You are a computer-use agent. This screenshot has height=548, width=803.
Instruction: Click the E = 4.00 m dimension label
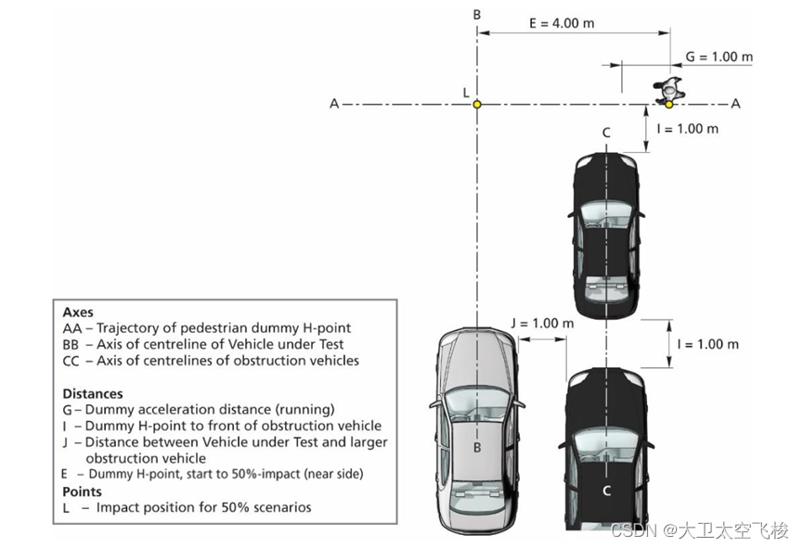point(562,23)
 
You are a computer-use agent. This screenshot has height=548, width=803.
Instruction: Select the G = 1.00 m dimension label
point(719,57)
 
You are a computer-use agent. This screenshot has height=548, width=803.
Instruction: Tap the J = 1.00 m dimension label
point(542,324)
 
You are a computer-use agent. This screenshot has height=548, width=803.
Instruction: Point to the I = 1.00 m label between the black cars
point(707,344)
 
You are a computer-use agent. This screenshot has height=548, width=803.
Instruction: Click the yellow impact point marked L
point(477,105)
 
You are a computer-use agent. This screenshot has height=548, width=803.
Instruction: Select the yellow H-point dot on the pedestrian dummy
point(668,104)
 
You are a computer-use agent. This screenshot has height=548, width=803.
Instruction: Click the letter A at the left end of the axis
point(334,104)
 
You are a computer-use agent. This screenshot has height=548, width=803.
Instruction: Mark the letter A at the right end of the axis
point(735,104)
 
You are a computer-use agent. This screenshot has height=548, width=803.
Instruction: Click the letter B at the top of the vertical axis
point(477,14)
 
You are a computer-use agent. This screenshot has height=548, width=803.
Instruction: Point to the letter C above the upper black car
point(605,133)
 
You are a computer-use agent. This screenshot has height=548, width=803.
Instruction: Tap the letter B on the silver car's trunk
point(477,448)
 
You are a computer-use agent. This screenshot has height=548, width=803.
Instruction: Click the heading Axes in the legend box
point(78,312)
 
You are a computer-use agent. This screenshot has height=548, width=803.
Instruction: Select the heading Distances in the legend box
point(93,393)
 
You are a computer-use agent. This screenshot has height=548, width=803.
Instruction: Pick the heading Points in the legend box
point(83,491)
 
